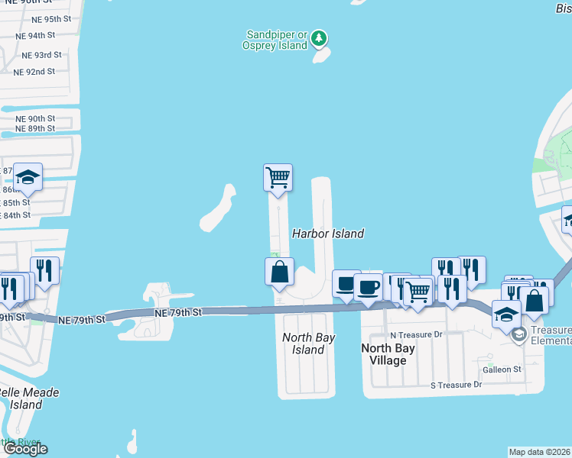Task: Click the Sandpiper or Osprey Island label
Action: (x=277, y=40)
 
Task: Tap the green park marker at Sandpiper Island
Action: (x=320, y=37)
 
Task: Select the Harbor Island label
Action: (x=328, y=234)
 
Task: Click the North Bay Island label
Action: (x=304, y=343)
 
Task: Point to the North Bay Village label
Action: (x=388, y=354)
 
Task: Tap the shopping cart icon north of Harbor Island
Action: (x=278, y=178)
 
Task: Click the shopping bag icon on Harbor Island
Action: (x=280, y=272)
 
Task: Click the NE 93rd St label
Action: (x=41, y=55)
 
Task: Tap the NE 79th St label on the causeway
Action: (x=177, y=313)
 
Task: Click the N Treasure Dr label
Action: (x=416, y=334)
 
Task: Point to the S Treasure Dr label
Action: (x=456, y=385)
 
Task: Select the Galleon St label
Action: (x=502, y=369)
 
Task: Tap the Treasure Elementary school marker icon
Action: (x=519, y=334)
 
